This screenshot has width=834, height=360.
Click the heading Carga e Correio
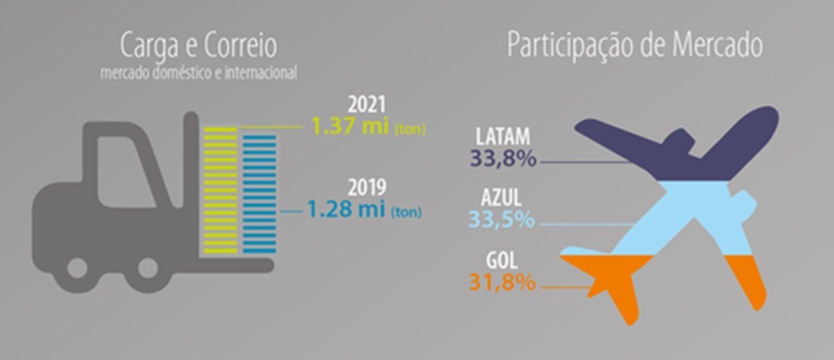[x=198, y=47]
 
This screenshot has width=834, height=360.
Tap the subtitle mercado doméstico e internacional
[x=198, y=72]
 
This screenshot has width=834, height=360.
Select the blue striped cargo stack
[x=259, y=193]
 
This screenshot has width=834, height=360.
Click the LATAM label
[x=504, y=137]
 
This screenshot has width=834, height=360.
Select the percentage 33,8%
[x=502, y=158]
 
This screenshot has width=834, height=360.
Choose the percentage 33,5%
[x=502, y=220]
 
